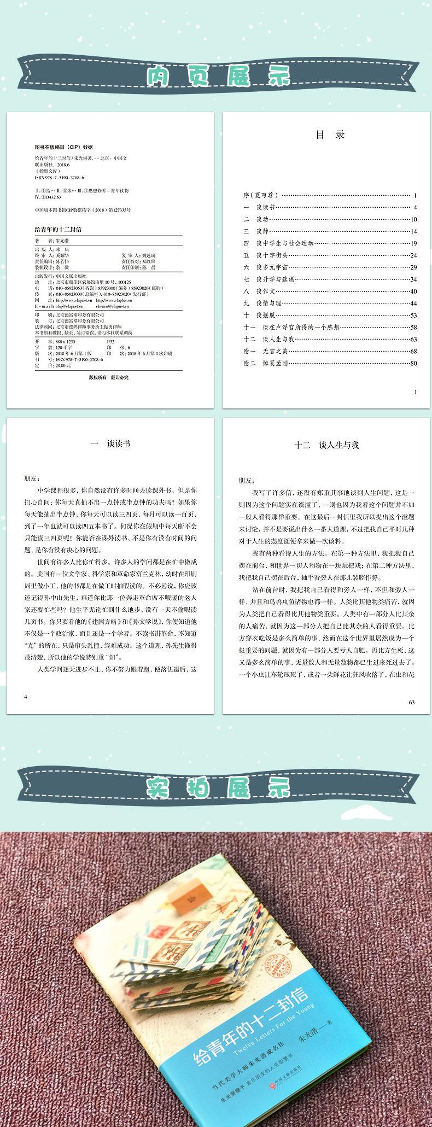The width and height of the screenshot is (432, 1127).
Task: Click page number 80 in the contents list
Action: [414, 363]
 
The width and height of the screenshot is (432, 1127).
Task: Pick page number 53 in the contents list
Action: [414, 316]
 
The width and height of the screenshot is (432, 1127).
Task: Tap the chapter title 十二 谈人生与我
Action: [326, 445]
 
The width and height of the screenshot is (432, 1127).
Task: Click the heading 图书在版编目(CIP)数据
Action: [63, 147]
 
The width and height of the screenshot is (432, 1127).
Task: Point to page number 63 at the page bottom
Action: [412, 702]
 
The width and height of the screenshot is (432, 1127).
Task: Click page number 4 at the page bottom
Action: [26, 697]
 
